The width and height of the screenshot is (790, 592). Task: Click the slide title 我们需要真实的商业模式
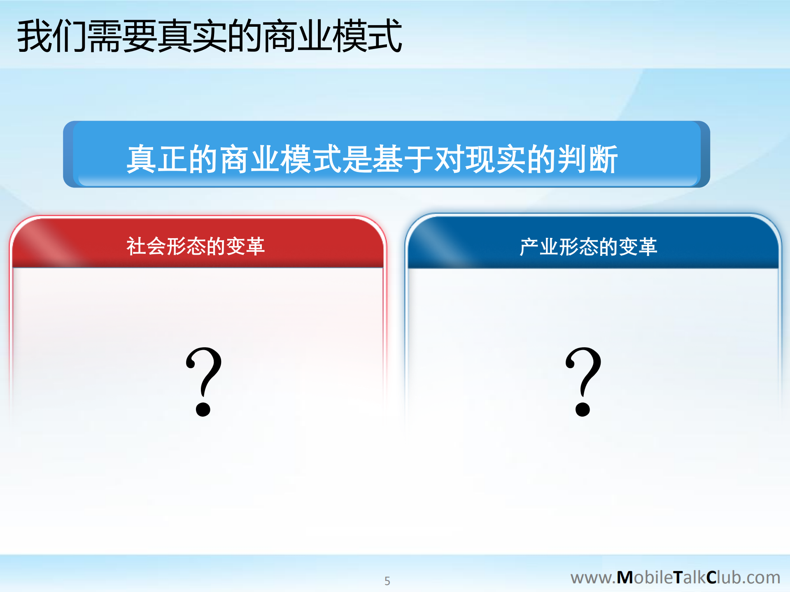pyautogui.click(x=209, y=36)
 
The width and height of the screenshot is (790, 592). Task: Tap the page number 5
pyautogui.click(x=387, y=580)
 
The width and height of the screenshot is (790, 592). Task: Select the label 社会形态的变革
pyautogui.click(x=196, y=246)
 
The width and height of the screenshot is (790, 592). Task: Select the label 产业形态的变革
pyautogui.click(x=588, y=247)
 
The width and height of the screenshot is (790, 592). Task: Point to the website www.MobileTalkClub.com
pyautogui.click(x=675, y=577)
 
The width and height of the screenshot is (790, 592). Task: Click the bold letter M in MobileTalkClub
pyautogui.click(x=625, y=577)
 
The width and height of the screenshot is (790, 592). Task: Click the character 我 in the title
pyautogui.click(x=34, y=36)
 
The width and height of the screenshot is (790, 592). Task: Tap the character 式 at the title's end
pyautogui.click(x=385, y=36)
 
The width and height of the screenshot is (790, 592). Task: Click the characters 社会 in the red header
pyautogui.click(x=146, y=246)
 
